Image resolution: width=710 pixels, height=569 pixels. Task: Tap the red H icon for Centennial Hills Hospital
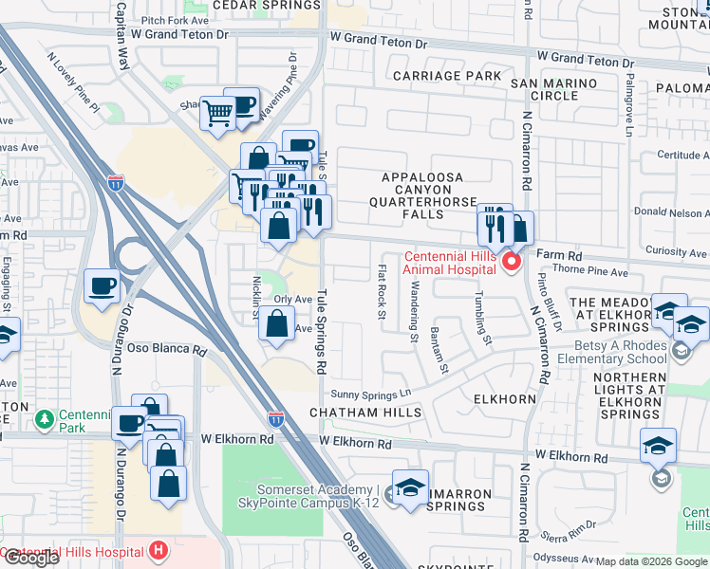159,549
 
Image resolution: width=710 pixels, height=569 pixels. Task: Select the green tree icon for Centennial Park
43,418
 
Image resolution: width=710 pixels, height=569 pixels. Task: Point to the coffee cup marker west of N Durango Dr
103,285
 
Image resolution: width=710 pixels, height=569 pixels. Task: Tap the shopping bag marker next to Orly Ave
275,324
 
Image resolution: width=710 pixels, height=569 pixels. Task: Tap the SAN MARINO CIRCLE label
555,89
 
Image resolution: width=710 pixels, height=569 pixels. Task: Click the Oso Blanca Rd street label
166,349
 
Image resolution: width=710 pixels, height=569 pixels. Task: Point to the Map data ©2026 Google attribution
651,561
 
